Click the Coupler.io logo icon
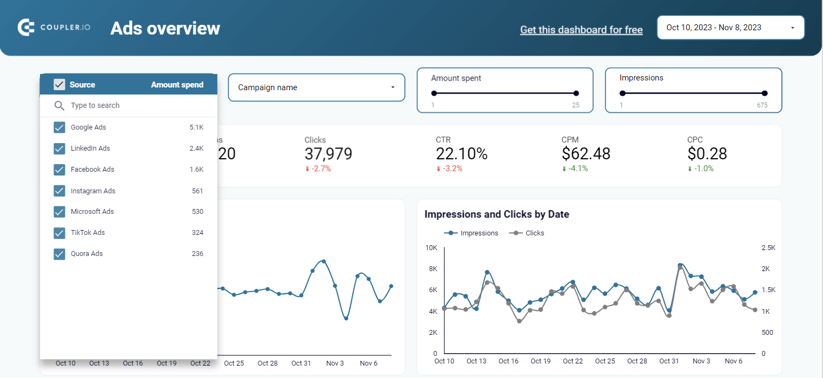[26, 28]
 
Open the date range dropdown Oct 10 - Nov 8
[731, 28]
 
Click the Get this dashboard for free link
[581, 30]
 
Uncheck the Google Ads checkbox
[59, 127]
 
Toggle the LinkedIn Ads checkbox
[59, 148]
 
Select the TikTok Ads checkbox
[59, 233]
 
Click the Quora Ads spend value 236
[197, 254]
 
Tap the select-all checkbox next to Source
[59, 85]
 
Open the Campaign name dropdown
[316, 87]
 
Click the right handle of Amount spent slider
[576, 93]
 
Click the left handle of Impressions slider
[622, 93]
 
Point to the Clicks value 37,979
[328, 154]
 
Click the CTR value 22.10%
[461, 154]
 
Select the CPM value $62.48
[586, 154]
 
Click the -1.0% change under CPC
[703, 168]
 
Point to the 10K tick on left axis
[431, 248]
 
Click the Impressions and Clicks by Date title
[496, 214]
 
